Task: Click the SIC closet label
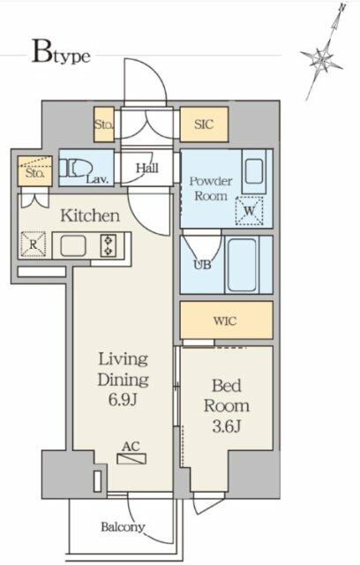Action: pyautogui.click(x=204, y=124)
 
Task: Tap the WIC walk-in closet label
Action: pyautogui.click(x=225, y=320)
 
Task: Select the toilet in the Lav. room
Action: pyautogui.click(x=76, y=169)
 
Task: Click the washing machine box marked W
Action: pyautogui.click(x=249, y=211)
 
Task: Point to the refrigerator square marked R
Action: pyautogui.click(x=34, y=245)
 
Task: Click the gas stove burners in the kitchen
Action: pyautogui.click(x=109, y=245)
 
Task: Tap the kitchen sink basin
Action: pyautogui.click(x=73, y=245)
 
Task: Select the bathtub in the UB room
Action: pyautogui.click(x=243, y=265)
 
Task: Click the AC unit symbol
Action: pyautogui.click(x=131, y=459)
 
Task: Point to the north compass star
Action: pyautogui.click(x=322, y=57)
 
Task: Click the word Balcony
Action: pyautogui.click(x=123, y=527)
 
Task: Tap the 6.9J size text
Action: pyautogui.click(x=124, y=399)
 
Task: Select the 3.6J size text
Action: pyautogui.click(x=227, y=426)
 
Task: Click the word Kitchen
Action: pyautogui.click(x=90, y=215)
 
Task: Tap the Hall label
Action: pyautogui.click(x=146, y=168)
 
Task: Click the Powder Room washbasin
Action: pyautogui.click(x=254, y=171)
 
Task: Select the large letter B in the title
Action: pyautogui.click(x=42, y=52)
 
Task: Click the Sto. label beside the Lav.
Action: pyautogui.click(x=35, y=173)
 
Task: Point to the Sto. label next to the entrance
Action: pyautogui.click(x=104, y=124)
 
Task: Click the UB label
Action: pyautogui.click(x=202, y=265)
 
